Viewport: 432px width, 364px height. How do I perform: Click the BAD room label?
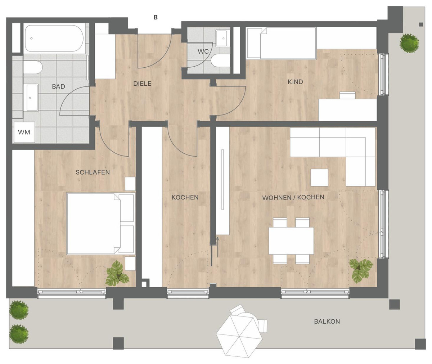coord(58,86)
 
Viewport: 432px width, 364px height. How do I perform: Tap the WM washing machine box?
coord(24,132)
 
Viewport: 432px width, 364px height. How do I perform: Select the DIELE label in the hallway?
coord(142,84)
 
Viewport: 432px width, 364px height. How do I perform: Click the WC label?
coord(203,51)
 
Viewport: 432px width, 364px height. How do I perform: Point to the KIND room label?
coord(295,82)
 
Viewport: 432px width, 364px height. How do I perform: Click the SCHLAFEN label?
coord(93,172)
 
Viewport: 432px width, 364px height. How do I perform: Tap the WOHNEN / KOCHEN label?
coord(293,197)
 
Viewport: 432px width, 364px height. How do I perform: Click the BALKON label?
coord(327,322)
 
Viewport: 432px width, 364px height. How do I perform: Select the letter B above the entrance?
coord(156,18)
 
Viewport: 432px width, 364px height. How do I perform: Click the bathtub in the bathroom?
coord(54,38)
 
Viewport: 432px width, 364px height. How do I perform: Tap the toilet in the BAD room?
coord(33,67)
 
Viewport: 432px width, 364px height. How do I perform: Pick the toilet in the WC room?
coord(221,60)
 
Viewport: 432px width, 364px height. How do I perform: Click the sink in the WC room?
coord(223,38)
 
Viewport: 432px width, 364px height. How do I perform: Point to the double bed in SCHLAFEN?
coord(101,224)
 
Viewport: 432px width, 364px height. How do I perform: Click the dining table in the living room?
coord(291,241)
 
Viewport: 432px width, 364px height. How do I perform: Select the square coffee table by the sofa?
coord(319,177)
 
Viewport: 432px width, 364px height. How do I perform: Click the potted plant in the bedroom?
coord(117,273)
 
